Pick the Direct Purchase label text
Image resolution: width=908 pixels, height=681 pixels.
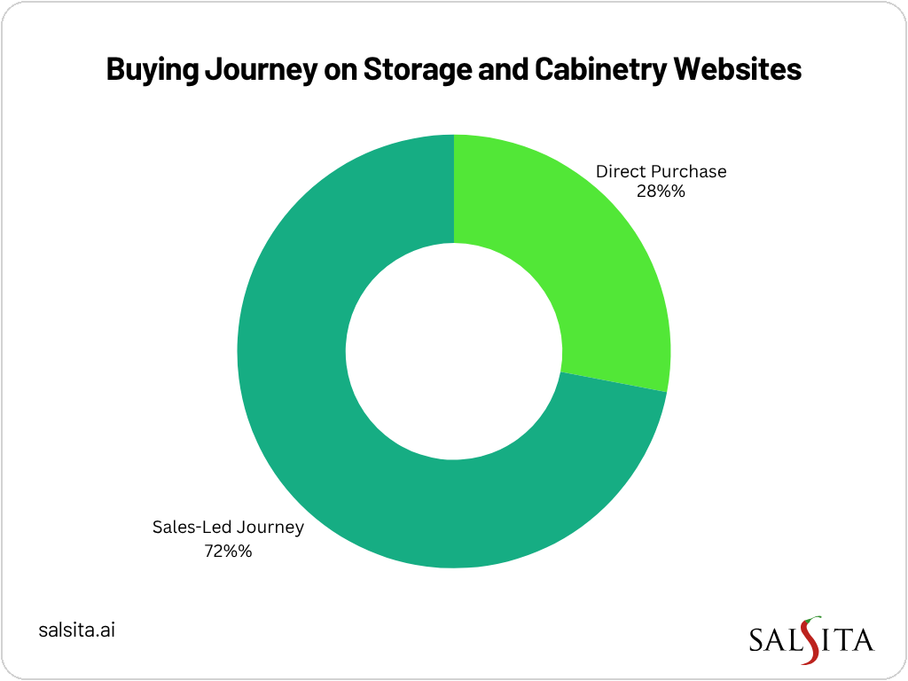(x=661, y=171)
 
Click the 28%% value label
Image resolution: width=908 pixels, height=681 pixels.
(x=661, y=191)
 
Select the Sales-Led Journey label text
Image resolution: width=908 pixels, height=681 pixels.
(x=228, y=528)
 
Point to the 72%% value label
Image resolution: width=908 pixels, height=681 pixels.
(x=228, y=550)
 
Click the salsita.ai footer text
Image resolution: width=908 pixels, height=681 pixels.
(x=78, y=630)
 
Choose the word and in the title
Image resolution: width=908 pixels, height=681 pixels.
(x=502, y=70)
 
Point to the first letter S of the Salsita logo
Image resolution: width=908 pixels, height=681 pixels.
(x=756, y=640)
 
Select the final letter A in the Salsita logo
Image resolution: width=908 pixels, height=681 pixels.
(x=863, y=640)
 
